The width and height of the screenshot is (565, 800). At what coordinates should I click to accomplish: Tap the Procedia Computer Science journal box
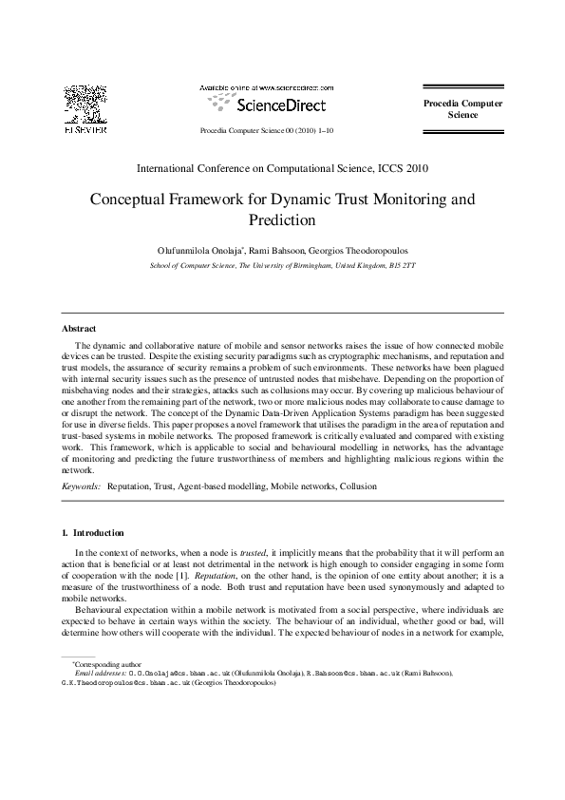(x=462, y=109)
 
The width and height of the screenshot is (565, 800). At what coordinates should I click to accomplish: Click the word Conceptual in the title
(x=130, y=200)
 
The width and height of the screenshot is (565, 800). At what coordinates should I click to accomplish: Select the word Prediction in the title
(x=282, y=221)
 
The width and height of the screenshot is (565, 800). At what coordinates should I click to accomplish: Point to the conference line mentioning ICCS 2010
(x=282, y=169)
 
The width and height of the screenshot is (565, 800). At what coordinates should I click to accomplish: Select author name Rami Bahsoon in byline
(x=276, y=250)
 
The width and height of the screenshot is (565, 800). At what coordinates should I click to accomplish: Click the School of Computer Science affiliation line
(x=282, y=266)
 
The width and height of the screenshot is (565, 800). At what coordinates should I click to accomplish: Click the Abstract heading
(x=79, y=329)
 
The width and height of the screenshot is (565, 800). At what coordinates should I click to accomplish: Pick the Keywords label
(x=81, y=486)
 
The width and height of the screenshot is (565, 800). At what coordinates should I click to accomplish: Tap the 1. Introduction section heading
(x=92, y=532)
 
